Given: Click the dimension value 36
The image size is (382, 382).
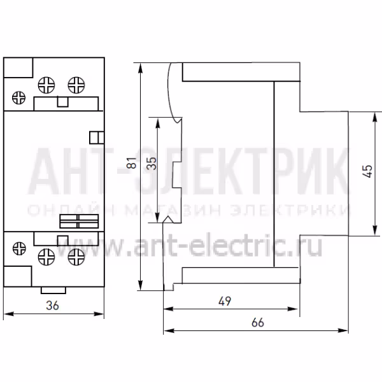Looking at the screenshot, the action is click(x=52, y=306).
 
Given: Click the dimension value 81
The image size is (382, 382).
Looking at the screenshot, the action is click(x=132, y=162).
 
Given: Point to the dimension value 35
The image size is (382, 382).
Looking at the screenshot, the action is click(x=152, y=163).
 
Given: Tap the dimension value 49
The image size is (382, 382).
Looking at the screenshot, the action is click(x=224, y=301).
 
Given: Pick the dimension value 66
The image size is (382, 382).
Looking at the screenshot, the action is click(x=257, y=323).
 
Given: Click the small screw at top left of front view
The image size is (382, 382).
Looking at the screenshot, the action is click(x=18, y=97).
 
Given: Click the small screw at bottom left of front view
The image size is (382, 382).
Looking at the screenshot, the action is click(x=19, y=248).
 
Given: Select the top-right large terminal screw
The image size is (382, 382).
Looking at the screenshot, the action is click(x=76, y=85).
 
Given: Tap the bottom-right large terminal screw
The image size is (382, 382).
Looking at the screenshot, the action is click(x=76, y=257).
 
